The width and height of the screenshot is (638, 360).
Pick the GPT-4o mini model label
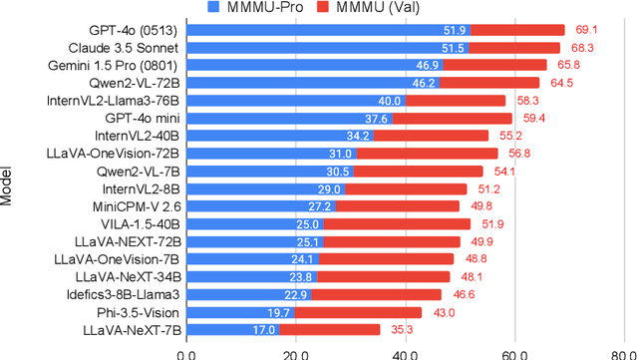(138, 118)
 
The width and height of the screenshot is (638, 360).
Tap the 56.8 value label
(519, 154)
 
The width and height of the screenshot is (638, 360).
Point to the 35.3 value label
(402, 329)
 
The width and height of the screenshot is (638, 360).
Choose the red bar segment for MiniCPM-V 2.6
(397, 206)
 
